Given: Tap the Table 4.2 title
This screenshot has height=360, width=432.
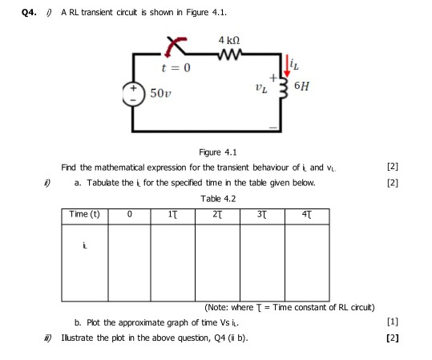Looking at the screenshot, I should (217, 199).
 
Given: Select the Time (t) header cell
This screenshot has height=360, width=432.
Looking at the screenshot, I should (84, 214).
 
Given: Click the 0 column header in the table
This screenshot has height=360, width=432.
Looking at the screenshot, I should (130, 214).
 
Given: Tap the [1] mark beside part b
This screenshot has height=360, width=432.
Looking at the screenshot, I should (391, 323).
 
